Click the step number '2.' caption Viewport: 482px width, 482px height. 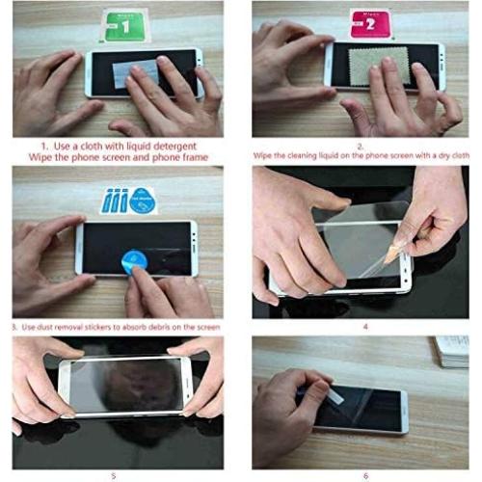(x=360, y=145)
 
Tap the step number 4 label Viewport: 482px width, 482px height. (x=365, y=327)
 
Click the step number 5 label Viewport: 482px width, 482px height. (x=114, y=474)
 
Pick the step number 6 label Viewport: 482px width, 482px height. (x=365, y=473)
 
